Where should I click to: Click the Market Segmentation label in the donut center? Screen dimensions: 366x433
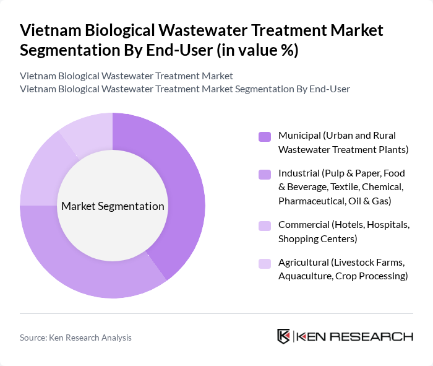pos(113,206)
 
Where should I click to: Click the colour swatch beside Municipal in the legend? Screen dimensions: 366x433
pos(264,136)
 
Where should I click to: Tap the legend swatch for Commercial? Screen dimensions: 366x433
pos(264,226)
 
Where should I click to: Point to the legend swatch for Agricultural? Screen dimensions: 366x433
pos(264,264)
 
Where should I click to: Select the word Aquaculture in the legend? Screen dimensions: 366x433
pos(307,276)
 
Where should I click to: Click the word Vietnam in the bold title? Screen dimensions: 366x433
pos(51,30)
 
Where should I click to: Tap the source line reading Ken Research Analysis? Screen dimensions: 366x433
pos(75,338)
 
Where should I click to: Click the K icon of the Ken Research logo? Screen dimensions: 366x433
pos(284,336)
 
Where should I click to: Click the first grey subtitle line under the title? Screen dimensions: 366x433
pos(126,76)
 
